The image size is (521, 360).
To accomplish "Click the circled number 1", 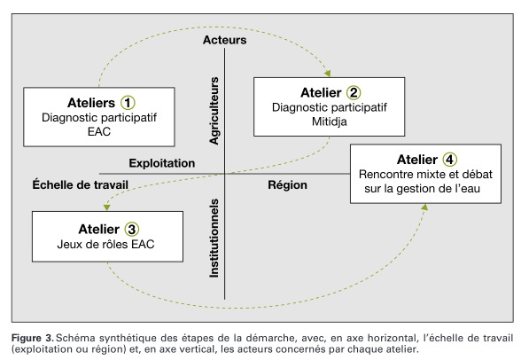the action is point(128,103).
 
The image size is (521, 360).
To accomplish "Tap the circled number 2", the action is point(354,93).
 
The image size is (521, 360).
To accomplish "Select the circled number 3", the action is point(131,230).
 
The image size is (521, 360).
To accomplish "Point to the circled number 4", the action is point(449,160).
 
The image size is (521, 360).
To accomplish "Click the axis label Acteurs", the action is point(225,40).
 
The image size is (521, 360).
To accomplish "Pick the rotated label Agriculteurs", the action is point(214,111).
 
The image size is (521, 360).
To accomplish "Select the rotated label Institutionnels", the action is point(214,238).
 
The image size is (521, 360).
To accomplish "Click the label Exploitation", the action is point(162,163).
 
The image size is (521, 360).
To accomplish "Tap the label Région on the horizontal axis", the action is point(287,184).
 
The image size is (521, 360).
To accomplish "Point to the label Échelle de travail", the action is point(80,184).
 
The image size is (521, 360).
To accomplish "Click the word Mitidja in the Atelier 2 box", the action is point(330,121).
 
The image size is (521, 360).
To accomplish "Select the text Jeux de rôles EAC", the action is point(105,245).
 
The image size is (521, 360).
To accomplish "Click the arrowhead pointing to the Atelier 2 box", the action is point(328,74).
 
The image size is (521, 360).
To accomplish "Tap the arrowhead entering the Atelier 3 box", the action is point(106,207).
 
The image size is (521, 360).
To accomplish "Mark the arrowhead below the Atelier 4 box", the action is point(424,207).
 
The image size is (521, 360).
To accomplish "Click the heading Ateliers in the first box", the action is point(91,103).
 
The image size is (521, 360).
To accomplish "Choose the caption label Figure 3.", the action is point(32,338).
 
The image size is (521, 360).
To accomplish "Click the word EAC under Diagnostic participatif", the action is point(99,131).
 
